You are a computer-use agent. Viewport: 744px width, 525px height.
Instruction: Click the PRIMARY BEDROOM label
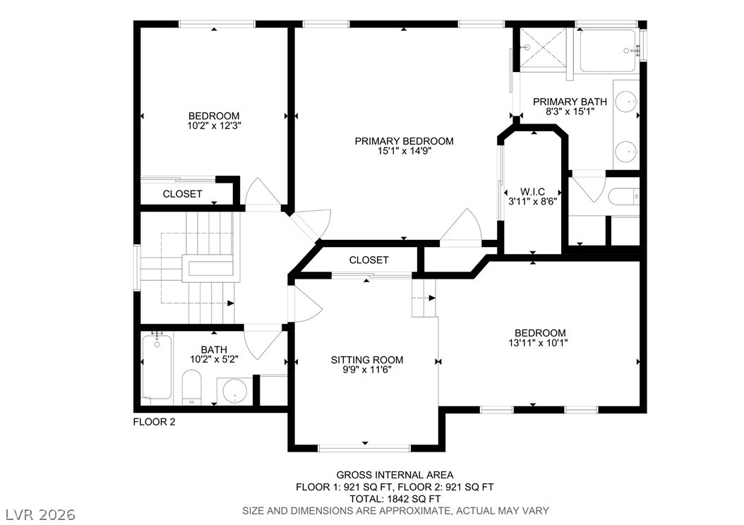pos(404,141)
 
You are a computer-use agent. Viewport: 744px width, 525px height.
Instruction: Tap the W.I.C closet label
pos(532,192)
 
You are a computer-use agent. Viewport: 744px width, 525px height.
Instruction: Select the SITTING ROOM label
pos(367,360)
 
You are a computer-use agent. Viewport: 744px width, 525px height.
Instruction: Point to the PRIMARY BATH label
pos(570,102)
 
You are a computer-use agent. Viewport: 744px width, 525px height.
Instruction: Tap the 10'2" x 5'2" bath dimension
pos(214,359)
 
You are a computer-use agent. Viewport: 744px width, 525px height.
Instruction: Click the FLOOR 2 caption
pos(154,421)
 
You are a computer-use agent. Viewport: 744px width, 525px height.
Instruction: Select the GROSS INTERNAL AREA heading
pos(395,475)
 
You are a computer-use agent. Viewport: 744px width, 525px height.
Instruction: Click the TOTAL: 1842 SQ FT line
pos(395,499)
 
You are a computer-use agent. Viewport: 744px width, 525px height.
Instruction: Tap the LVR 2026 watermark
pos(41,514)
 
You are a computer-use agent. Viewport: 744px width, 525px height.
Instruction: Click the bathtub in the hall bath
pos(157,367)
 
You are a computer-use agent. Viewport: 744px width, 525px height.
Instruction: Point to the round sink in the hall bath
pos(235,391)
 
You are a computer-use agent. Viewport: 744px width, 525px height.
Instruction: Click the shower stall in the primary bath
pos(544,49)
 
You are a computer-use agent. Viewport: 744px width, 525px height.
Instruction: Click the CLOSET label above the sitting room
pos(368,260)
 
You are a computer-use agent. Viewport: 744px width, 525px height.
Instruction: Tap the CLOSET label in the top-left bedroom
pos(182,194)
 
